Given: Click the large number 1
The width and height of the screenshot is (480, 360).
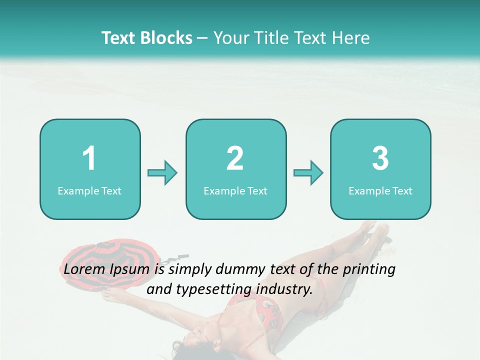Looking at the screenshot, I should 89,158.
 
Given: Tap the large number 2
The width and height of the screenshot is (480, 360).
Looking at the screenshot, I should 235,158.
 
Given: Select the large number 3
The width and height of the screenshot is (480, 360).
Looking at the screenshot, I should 380,158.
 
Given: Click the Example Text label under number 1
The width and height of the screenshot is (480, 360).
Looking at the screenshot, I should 89,191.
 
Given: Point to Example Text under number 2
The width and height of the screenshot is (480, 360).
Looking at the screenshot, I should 235,191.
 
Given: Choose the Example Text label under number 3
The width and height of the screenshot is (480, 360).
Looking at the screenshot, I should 380,191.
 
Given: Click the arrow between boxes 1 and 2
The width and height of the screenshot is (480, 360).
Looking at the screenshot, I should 162,173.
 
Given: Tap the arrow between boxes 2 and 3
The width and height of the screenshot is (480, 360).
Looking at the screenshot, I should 308,173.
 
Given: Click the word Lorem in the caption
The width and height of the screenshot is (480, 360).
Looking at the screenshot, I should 83,269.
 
